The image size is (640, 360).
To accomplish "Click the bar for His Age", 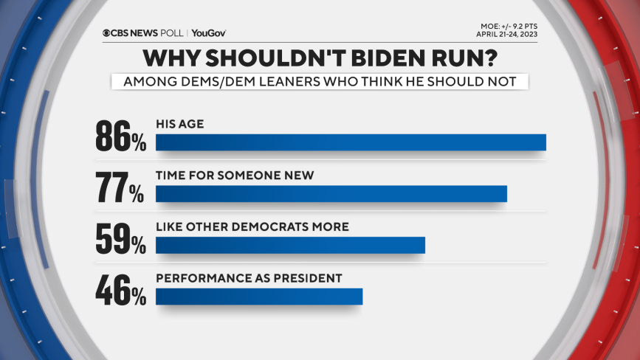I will (x=351, y=142).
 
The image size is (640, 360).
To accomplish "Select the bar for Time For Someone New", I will (x=331, y=193).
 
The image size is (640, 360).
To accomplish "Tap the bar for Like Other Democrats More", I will (x=290, y=244).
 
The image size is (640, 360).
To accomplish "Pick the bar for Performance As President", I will (x=259, y=295).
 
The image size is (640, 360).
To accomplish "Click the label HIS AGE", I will (x=179, y=125).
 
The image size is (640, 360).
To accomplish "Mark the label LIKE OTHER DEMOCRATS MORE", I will (x=252, y=226).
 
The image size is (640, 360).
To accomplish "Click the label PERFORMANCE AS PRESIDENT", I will (x=249, y=278).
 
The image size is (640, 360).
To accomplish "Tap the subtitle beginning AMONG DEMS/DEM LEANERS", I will (x=320, y=81).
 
